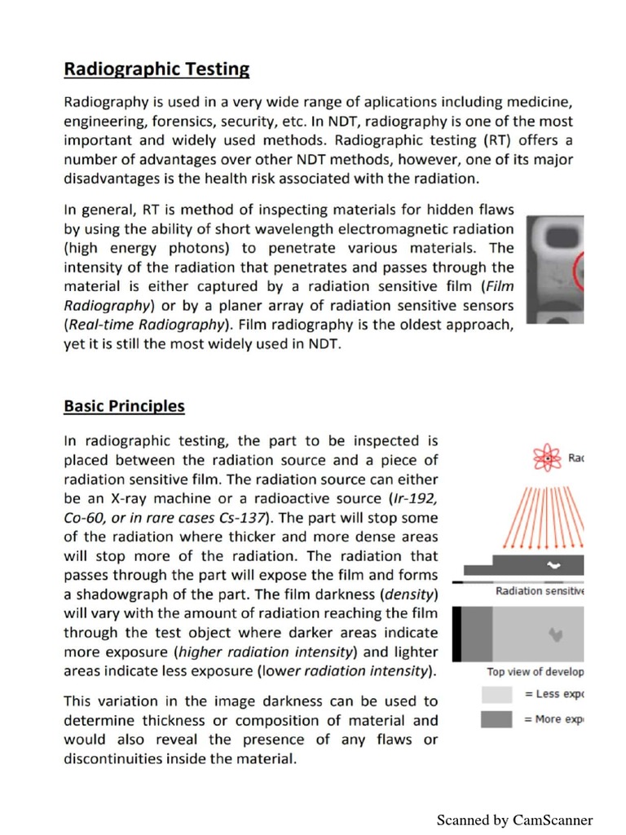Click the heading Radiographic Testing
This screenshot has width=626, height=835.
[156, 69]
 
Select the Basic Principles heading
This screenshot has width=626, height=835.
[124, 406]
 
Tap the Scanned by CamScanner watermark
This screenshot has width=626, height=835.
[514, 820]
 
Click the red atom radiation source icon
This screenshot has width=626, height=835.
[549, 459]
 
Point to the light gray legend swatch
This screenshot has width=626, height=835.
[497, 695]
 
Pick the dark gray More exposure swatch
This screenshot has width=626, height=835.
[497, 719]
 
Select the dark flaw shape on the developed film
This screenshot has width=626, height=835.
[557, 633]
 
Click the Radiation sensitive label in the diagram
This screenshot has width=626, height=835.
[540, 591]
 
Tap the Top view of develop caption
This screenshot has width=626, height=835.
[535, 672]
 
